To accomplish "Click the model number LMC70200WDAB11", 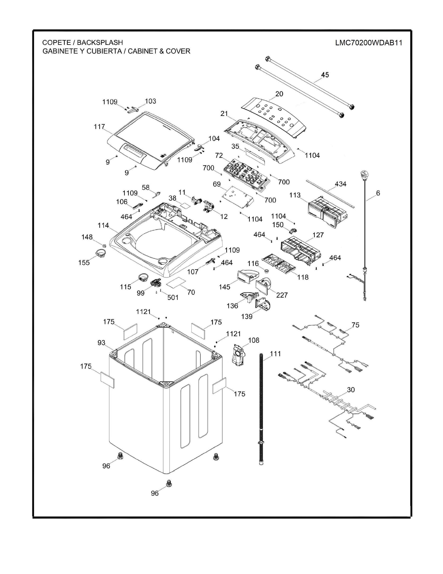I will click(x=368, y=43).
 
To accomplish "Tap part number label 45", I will click(x=325, y=75).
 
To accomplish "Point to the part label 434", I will click(x=340, y=184).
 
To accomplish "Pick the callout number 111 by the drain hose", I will click(x=275, y=354).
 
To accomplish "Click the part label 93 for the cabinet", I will click(x=101, y=343).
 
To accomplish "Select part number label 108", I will click(x=253, y=340).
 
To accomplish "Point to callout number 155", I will click(x=84, y=262).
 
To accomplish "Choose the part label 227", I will click(x=282, y=295).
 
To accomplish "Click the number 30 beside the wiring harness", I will click(x=351, y=389).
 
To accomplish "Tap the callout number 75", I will click(x=355, y=325).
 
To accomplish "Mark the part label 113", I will click(x=295, y=195).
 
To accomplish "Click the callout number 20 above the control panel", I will click(x=279, y=94).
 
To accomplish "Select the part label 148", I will click(x=87, y=237).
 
